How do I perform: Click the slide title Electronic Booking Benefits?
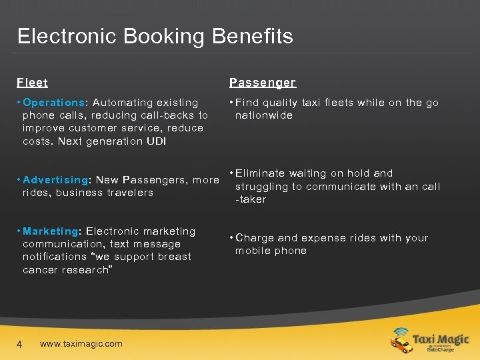click(155, 36)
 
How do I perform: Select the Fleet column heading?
click(33, 83)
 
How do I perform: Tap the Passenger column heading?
click(262, 83)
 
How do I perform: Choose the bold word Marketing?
click(51, 231)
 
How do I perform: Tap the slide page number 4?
click(20, 344)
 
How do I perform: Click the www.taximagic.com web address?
click(81, 344)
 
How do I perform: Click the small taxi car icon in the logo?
click(402, 344)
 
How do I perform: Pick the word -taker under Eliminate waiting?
click(251, 199)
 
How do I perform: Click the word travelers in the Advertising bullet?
click(129, 193)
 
